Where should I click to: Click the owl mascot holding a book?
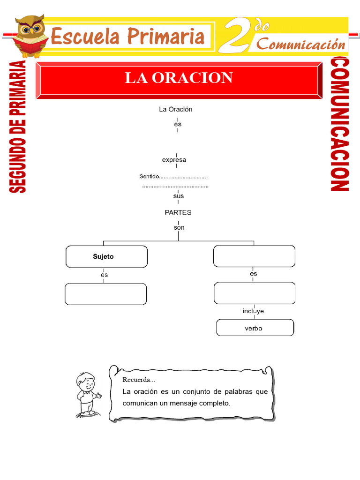(30, 36)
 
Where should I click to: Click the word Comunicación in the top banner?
(301, 45)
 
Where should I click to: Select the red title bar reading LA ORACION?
(179, 78)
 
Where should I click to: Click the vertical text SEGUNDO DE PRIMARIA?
(18, 127)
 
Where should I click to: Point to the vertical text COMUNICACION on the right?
(339, 124)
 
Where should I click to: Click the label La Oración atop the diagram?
(176, 109)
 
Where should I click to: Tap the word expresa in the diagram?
(174, 160)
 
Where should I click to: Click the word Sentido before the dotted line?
(149, 177)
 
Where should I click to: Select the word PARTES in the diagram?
(178, 212)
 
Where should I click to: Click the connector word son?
(179, 228)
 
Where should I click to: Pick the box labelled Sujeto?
(106, 256)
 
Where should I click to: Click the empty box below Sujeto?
(105, 294)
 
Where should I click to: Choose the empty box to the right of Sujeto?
(254, 256)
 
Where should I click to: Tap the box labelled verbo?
(255, 328)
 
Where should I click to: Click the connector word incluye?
(253, 311)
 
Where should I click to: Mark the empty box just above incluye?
(254, 293)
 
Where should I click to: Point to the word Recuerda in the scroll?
(138, 379)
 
